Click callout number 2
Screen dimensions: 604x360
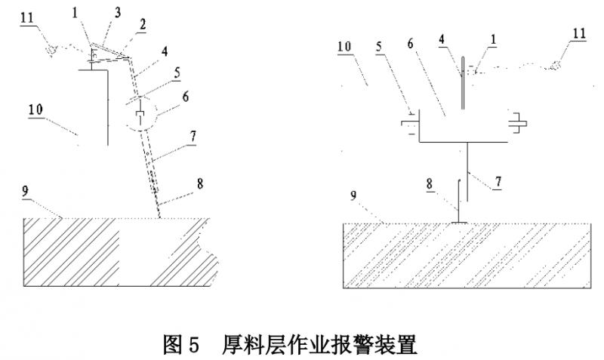143,25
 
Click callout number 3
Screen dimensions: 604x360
118,12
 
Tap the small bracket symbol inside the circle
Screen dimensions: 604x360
140,115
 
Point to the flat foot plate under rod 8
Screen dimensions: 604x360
458,222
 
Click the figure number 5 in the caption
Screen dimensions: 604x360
194,345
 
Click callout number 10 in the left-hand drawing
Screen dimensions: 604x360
35,109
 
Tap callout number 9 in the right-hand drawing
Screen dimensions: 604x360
353,195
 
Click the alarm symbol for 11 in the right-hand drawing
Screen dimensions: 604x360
556,65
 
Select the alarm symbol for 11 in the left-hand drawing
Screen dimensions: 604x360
51,51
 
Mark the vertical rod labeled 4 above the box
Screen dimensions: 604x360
463,83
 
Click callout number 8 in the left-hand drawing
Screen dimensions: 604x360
200,183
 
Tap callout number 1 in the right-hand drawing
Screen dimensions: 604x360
494,39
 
